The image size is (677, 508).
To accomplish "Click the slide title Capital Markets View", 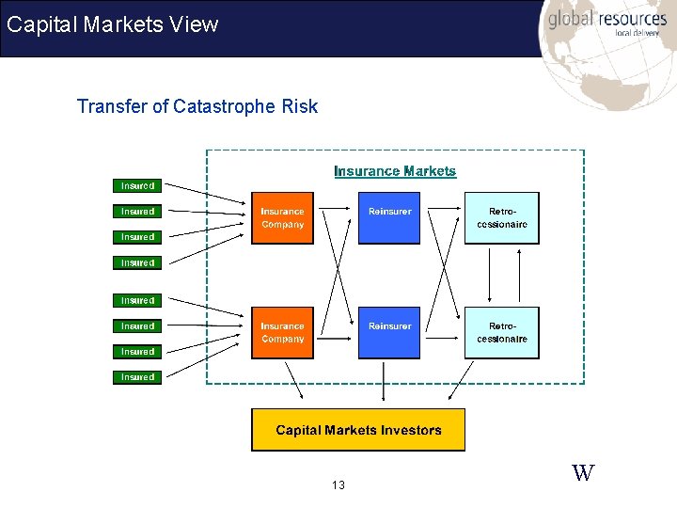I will (113, 24).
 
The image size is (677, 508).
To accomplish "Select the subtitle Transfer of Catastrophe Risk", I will (197, 106).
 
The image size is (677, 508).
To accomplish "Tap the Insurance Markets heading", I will (395, 171).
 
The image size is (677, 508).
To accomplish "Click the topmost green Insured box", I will (137, 185).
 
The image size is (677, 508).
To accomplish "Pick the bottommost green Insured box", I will (137, 377).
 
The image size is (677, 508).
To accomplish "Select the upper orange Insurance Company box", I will (282, 218).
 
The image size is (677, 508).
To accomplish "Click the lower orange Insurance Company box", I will (282, 332).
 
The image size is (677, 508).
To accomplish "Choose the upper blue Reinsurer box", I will (389, 218).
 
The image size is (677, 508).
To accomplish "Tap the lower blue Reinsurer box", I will (389, 332).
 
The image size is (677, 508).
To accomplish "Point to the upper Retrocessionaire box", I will (502, 218).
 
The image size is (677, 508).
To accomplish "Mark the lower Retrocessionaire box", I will (502, 332).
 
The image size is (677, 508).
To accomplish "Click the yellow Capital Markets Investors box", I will (358, 430).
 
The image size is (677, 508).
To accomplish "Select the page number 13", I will (338, 485).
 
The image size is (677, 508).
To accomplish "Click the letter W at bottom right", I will (583, 472).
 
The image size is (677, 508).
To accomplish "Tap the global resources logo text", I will (607, 18).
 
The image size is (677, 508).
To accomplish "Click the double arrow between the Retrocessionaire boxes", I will (489, 276).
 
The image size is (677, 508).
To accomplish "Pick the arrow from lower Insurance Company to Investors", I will (293, 380).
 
